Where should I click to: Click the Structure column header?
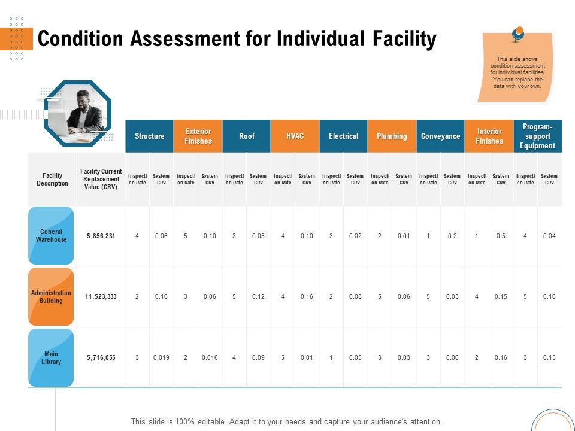150,136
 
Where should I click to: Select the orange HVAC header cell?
295,136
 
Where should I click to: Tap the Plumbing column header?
392,136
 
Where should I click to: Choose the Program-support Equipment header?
537,136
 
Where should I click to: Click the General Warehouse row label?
52,236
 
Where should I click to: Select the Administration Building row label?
52,297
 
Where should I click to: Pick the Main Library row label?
52,358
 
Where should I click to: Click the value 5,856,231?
101,236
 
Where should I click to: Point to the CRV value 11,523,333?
101,297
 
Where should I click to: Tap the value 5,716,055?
101,358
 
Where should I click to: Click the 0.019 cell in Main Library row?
161,358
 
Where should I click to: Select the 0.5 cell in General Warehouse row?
501,236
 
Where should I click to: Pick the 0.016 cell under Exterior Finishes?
210,358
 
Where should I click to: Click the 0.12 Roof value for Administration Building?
258,297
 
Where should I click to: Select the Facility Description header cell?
53,180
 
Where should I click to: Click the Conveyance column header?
440,136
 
